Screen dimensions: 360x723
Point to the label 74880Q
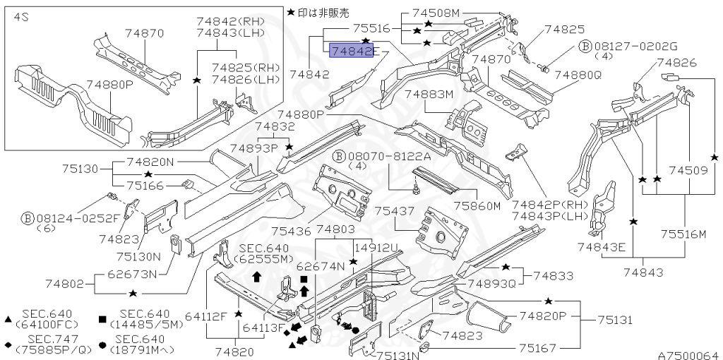[577, 74]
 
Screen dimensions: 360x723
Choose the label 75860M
[477, 205]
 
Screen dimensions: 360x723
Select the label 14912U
[376, 248]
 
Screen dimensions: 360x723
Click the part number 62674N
[320, 266]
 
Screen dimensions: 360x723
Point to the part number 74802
[68, 284]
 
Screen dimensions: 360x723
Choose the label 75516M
[683, 234]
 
